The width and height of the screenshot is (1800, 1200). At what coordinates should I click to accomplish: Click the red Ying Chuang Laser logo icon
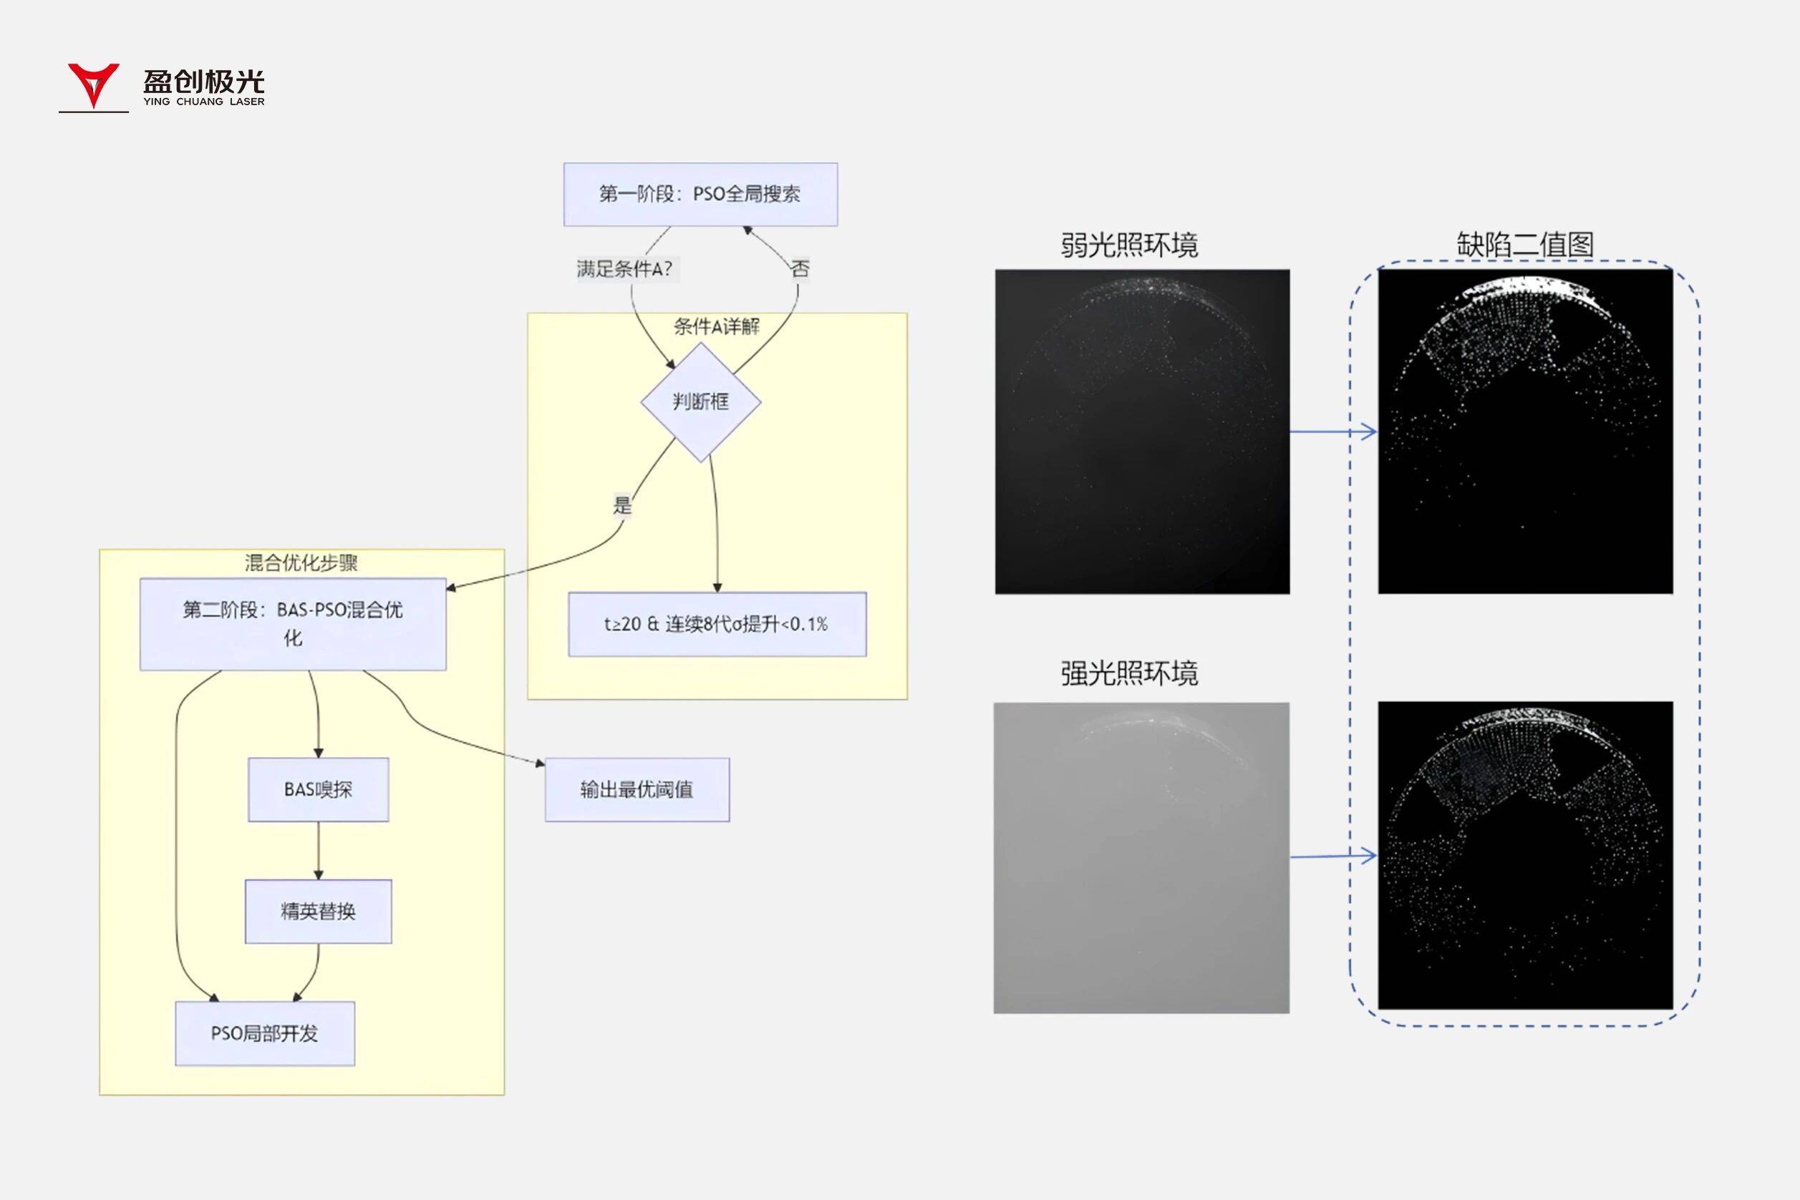(93, 84)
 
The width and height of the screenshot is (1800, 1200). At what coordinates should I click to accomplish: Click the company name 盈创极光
(203, 81)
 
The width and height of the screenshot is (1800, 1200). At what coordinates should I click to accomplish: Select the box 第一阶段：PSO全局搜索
(700, 195)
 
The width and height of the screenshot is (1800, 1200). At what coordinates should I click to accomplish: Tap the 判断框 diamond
(700, 401)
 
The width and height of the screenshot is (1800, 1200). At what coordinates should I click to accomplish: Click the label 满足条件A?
(625, 268)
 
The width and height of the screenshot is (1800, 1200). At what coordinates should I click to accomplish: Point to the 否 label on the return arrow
(800, 268)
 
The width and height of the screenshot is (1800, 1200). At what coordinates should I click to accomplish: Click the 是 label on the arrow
(622, 505)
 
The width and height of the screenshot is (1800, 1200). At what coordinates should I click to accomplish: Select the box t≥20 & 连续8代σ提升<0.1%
(717, 624)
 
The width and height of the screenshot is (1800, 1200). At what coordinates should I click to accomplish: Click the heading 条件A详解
(717, 327)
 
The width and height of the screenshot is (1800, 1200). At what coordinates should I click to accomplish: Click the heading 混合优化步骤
(301, 563)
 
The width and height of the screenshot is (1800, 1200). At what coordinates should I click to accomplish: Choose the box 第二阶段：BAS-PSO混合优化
(292, 624)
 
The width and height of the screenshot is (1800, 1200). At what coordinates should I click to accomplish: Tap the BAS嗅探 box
(318, 789)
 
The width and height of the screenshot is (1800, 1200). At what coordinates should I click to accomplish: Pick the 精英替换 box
(318, 911)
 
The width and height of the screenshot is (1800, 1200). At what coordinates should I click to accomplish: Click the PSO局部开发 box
(265, 1033)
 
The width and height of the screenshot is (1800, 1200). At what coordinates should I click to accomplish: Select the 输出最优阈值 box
(637, 789)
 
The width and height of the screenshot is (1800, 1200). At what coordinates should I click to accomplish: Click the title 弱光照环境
(1128, 245)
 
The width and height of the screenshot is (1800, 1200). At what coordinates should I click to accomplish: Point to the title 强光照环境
(1128, 673)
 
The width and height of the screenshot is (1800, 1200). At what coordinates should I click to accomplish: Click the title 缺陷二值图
(1524, 245)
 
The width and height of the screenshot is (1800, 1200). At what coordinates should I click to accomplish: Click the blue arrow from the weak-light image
(1333, 432)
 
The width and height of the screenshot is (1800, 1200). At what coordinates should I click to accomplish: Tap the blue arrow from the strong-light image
(1333, 856)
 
